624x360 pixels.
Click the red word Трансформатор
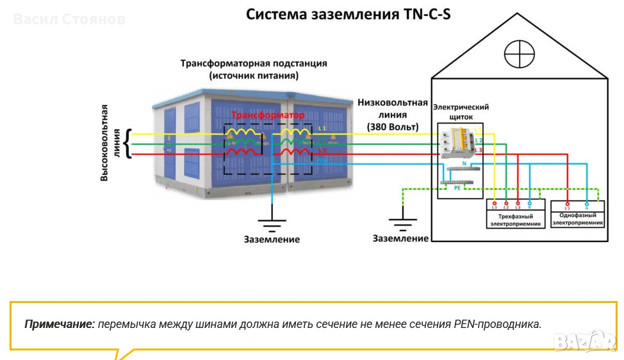pyautogui.click(x=268, y=115)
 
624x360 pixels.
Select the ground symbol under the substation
pyautogui.click(x=272, y=224)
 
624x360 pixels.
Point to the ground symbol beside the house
pyautogui.click(x=402, y=224)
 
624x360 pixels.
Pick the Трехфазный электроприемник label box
pyautogui.click(x=516, y=220)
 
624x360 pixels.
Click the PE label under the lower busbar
pyautogui.click(x=457, y=189)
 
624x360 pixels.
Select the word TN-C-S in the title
pyautogui.click(x=423, y=14)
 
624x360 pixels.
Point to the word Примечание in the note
pyautogui.click(x=59, y=324)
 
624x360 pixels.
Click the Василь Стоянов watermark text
pyautogui.click(x=69, y=19)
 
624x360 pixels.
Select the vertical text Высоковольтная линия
pyautogui.click(x=110, y=142)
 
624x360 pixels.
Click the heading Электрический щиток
pyautogui.click(x=461, y=111)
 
